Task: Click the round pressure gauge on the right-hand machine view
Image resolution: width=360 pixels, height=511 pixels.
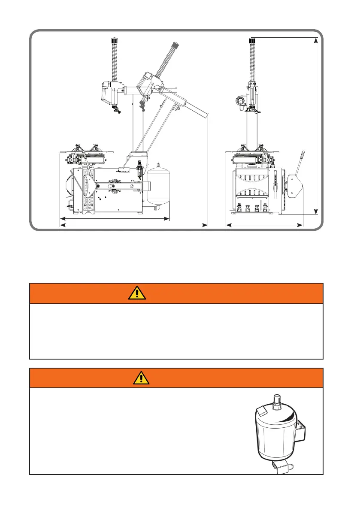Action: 239,102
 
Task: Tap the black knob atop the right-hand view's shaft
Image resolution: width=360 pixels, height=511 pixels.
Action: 252,40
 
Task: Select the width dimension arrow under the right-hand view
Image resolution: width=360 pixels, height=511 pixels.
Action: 265,224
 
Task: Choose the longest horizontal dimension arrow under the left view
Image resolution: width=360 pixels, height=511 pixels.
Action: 133,224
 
